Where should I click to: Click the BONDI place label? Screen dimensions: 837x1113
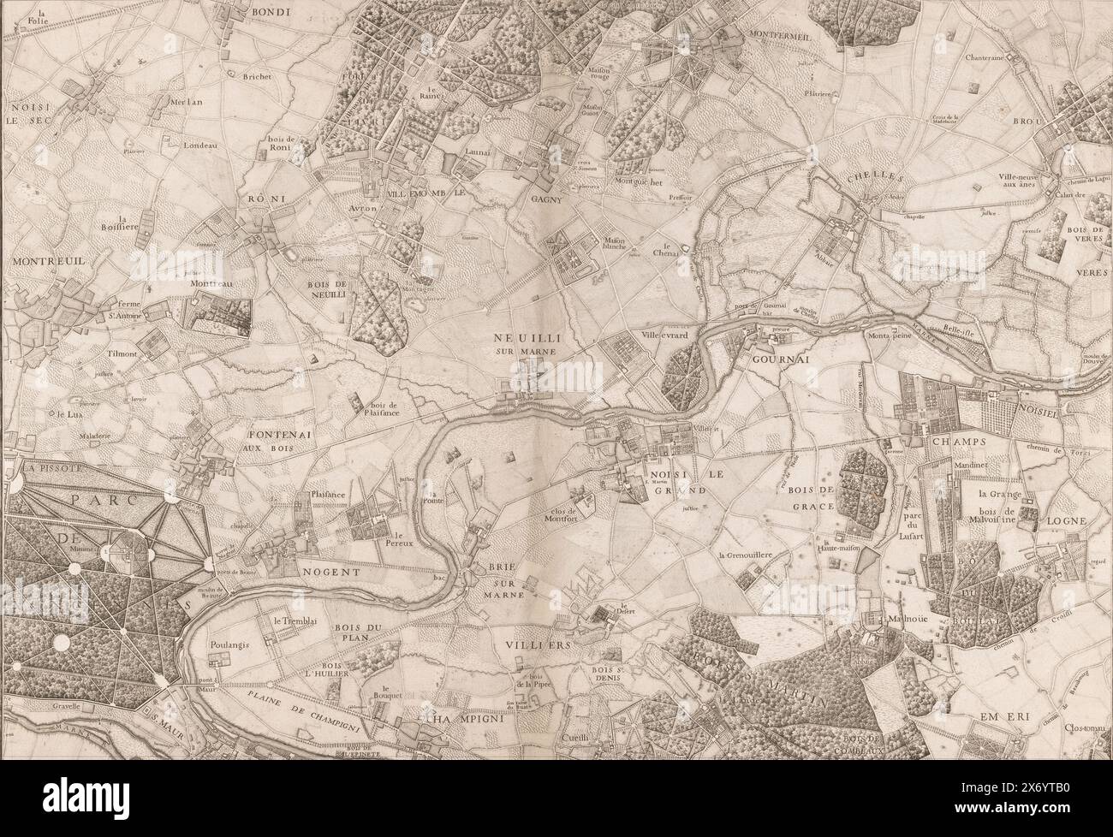pyautogui.click(x=272, y=12)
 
